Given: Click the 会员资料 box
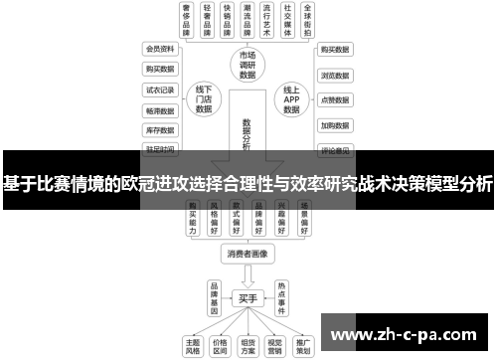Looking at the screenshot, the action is point(160,48).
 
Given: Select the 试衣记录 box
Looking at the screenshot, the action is point(160,89).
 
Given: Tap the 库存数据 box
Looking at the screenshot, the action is point(160,129).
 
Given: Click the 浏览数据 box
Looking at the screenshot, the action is point(334,75).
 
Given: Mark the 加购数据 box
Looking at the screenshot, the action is point(334,125).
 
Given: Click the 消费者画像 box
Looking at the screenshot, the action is point(248,254).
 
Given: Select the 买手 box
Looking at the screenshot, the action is point(248,297).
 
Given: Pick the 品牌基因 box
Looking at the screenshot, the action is point(214,296).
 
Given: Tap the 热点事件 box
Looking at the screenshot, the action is point(281,296).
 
